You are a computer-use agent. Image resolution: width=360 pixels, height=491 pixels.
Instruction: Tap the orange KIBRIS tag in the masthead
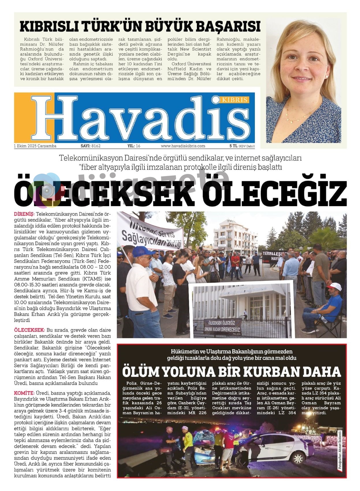point(235,100)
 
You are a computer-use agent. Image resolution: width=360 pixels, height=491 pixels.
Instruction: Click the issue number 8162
point(96,146)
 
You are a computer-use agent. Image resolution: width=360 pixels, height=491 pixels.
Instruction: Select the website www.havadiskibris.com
point(183,146)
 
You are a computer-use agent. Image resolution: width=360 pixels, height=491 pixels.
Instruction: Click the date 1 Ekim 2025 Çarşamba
point(35,146)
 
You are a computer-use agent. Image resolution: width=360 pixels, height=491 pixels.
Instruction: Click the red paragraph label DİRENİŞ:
point(24,214)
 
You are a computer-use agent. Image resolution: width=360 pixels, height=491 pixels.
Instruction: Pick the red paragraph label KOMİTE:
point(24,393)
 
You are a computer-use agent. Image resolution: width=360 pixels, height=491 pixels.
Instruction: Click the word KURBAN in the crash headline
point(270,372)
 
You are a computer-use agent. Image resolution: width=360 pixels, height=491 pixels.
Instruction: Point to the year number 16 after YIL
point(138,146)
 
